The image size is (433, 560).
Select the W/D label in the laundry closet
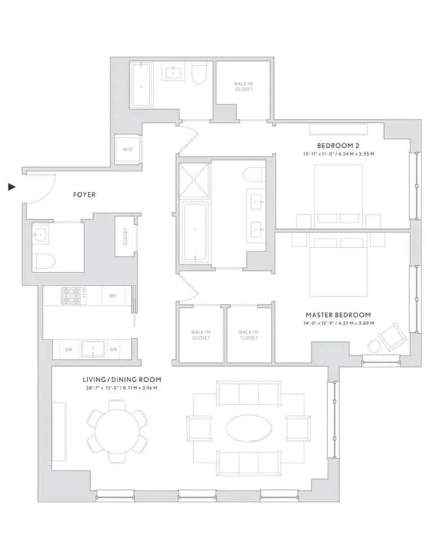[x=128, y=149]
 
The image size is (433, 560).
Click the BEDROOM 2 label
[x=338, y=146]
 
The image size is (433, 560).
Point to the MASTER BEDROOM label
[x=338, y=315]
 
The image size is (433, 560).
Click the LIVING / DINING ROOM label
[x=122, y=379]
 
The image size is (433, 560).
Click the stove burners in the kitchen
[x=73, y=295]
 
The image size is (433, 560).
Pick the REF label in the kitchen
[x=113, y=296]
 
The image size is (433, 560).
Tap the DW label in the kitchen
[x=68, y=349]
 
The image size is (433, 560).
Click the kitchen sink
[x=93, y=349]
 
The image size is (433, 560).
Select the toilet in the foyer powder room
[x=45, y=262]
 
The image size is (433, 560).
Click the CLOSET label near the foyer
[x=125, y=236]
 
